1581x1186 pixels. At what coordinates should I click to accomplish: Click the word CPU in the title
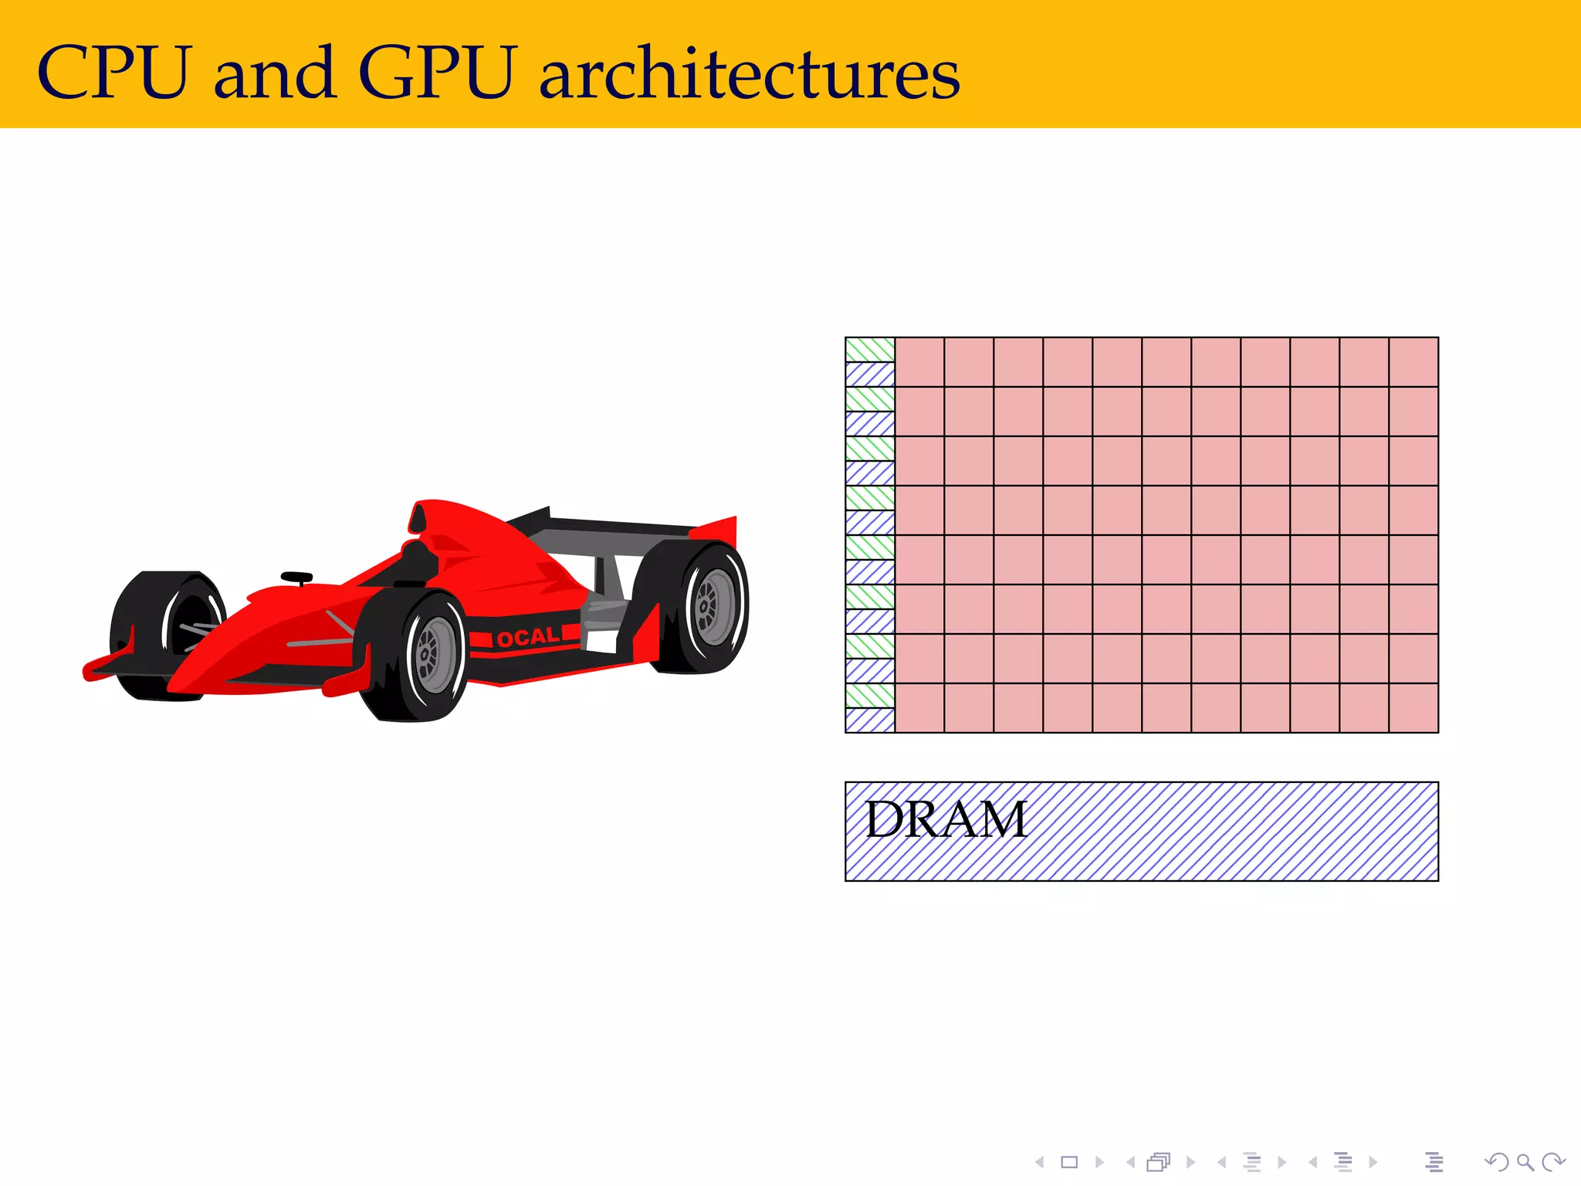[113, 73]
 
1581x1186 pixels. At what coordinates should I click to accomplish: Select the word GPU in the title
[436, 73]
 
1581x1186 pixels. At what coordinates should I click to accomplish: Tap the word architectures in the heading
[749, 73]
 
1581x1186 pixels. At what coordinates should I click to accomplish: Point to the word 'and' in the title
[274, 74]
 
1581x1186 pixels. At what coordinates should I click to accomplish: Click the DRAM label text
[946, 819]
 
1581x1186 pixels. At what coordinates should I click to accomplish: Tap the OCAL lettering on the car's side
[528, 637]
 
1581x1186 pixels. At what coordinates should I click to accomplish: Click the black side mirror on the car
[296, 578]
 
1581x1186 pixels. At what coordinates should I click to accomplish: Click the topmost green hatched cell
[870, 350]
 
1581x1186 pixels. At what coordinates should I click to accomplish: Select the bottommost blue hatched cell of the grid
[870, 720]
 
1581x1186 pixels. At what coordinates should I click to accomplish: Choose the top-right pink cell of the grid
[1413, 362]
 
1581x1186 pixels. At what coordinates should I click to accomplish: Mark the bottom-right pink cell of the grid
[1413, 708]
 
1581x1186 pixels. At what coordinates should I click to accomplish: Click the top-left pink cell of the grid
[919, 362]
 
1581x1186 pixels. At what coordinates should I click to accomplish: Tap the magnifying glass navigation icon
[1525, 1162]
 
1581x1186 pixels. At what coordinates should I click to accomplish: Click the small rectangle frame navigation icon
[1069, 1162]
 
